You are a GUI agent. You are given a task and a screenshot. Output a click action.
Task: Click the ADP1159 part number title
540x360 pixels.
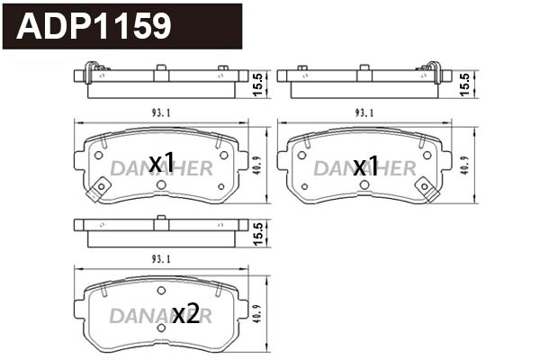(94, 26)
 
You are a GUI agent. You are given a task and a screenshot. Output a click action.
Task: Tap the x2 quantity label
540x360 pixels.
(185, 314)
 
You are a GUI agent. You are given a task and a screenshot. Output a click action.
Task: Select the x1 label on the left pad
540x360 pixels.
(161, 163)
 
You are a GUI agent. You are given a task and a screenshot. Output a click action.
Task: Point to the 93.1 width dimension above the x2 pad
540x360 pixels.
(162, 259)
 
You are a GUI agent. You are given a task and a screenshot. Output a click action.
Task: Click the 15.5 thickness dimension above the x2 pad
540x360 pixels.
(257, 232)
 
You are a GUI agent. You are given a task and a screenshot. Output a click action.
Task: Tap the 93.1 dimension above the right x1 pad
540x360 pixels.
(364, 112)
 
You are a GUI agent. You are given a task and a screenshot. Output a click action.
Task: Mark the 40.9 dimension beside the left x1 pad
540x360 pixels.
(257, 166)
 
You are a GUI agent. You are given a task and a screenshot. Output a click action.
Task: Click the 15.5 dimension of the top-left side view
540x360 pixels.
(257, 83)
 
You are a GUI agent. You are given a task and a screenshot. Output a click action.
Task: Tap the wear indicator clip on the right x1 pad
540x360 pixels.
(429, 189)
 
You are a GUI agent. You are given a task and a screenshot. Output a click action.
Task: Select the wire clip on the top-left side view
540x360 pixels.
(91, 71)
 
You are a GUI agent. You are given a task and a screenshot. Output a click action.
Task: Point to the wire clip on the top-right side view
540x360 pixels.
(434, 71)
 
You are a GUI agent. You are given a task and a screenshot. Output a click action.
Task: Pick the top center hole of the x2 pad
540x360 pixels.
(161, 290)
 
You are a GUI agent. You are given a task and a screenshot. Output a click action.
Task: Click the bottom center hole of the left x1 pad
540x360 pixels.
(161, 184)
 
